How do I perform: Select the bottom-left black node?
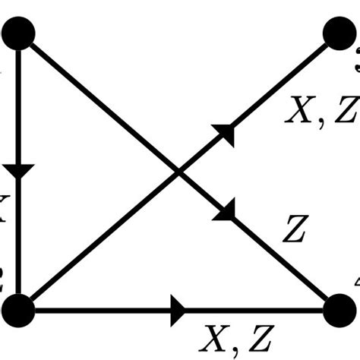click(x=18, y=310)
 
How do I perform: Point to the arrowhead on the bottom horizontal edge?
click(x=179, y=310)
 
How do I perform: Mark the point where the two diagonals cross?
click(x=179, y=172)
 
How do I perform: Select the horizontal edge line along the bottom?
click(x=99, y=310)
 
